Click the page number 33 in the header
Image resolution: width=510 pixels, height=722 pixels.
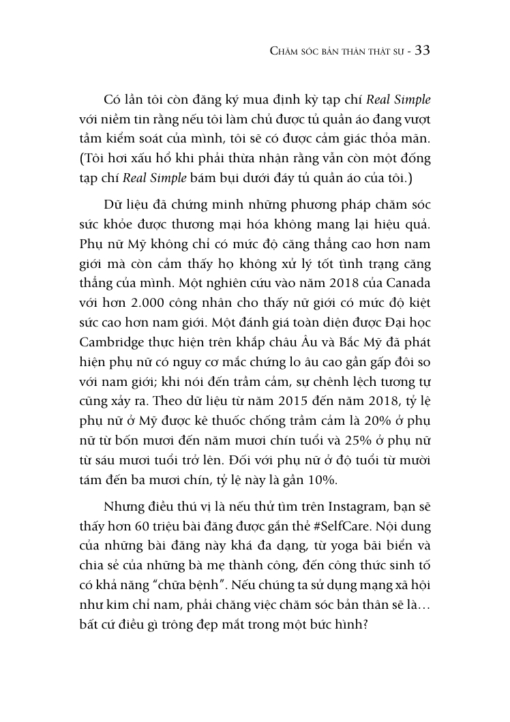421,52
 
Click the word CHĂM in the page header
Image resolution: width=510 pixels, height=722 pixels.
285,53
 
